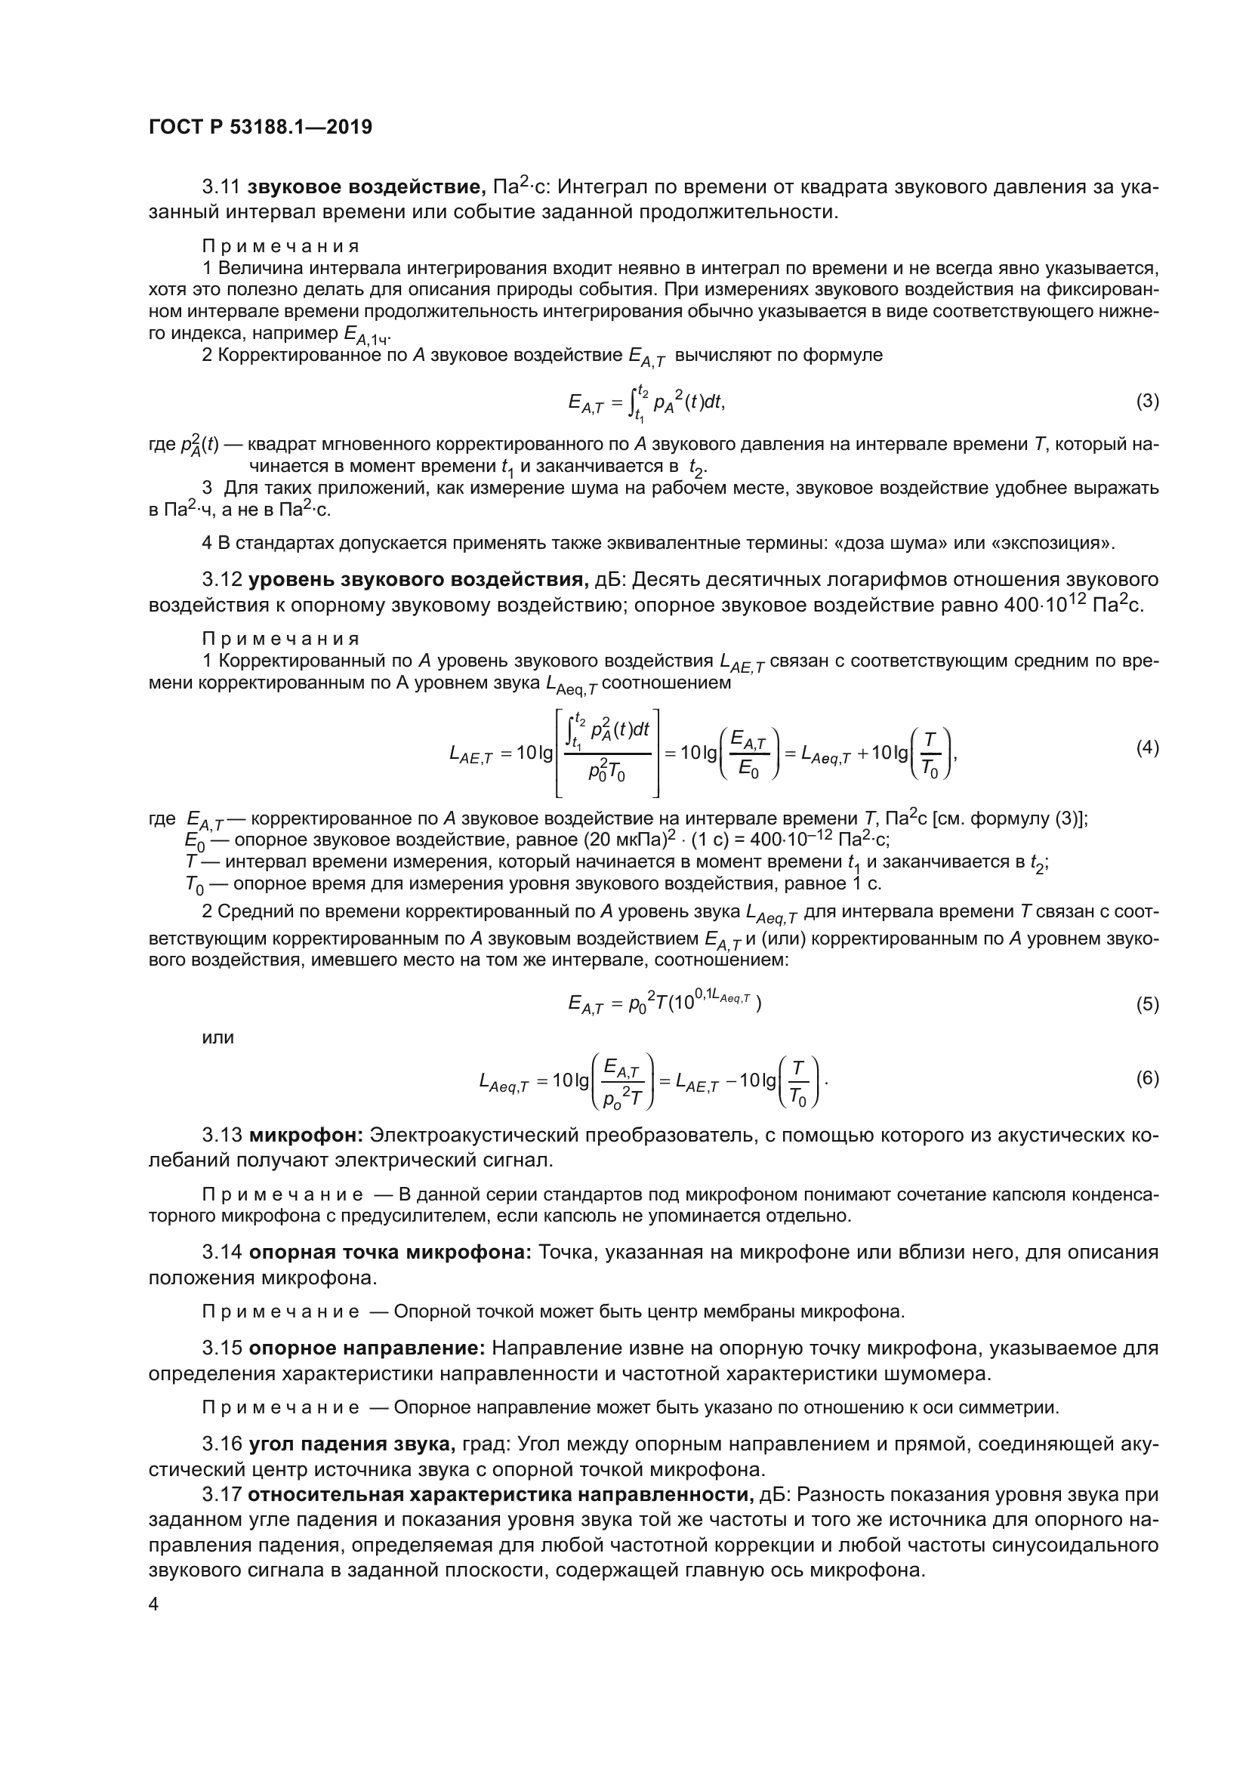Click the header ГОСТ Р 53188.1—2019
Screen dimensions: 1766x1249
click(x=260, y=127)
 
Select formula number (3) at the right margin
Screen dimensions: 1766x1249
click(x=1147, y=402)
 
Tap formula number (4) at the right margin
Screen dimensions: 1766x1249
click(x=1147, y=747)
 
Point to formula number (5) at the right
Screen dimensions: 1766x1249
click(x=1147, y=1004)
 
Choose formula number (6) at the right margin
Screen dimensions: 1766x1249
click(x=1147, y=1078)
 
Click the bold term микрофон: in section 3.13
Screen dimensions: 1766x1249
click(x=307, y=1136)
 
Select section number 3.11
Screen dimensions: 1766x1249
click(x=221, y=187)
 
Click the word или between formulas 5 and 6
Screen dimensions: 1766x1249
click(x=217, y=1037)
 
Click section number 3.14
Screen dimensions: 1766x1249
click(x=221, y=1252)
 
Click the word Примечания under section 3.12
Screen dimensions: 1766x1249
click(x=281, y=639)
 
